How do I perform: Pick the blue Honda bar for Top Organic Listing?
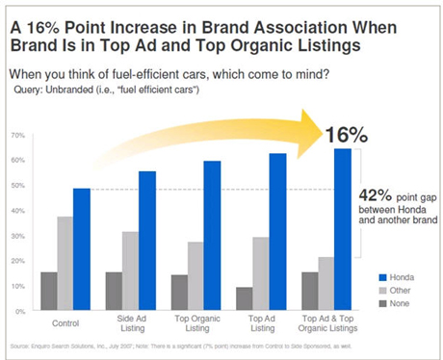click(x=212, y=236)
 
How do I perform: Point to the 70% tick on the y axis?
click(x=18, y=135)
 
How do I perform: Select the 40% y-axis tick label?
click(x=18, y=211)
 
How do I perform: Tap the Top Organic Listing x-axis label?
click(x=195, y=327)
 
